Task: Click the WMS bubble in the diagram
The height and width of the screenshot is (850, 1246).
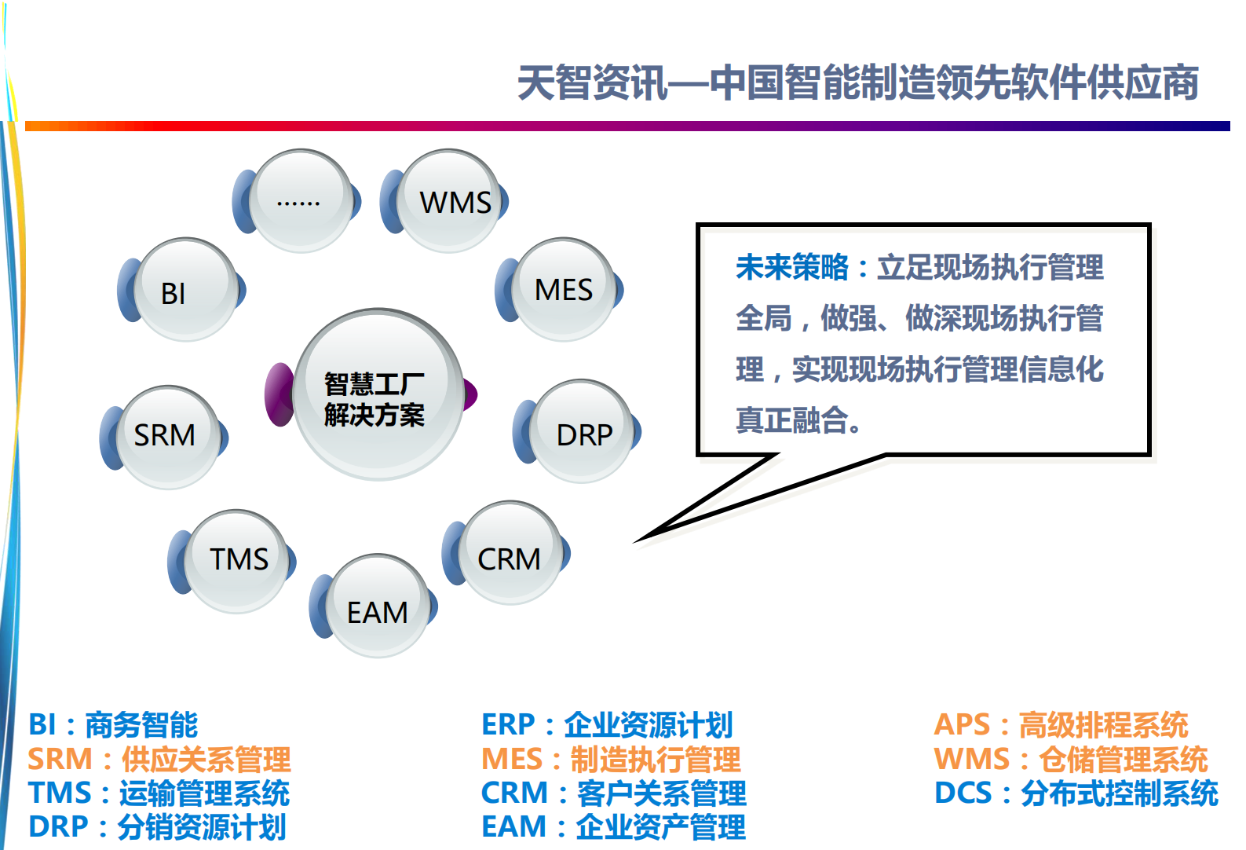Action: coord(451,201)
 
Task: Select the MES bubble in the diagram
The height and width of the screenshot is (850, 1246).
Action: coord(565,289)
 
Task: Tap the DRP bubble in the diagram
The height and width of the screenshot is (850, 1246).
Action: coord(583,432)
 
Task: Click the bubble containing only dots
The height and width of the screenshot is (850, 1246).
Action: coord(301,201)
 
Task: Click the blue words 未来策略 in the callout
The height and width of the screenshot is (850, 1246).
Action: coord(791,268)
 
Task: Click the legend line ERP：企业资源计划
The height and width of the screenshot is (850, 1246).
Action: coord(606,724)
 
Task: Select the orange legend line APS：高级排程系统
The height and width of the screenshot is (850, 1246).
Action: coord(1060,724)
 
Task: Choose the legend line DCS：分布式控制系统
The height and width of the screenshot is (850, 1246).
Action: coord(1076,793)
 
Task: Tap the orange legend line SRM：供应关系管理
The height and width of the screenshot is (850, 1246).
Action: coord(159,759)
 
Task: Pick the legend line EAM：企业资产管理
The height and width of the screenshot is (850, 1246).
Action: coord(613,827)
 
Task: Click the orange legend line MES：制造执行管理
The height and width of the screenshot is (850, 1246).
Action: coord(611,759)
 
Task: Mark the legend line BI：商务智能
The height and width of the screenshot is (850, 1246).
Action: coord(113,724)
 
